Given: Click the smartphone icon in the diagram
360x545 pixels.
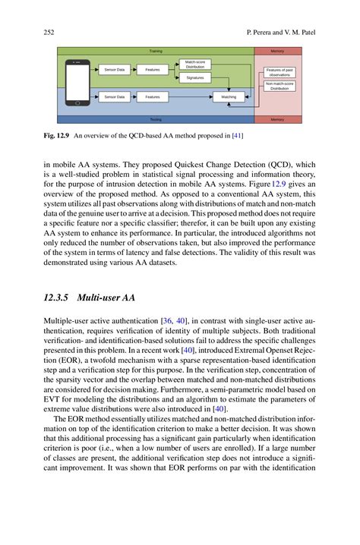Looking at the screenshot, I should click(x=77, y=83).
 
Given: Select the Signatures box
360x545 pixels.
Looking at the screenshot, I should click(x=194, y=77).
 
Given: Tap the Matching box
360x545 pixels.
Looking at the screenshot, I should click(x=228, y=97).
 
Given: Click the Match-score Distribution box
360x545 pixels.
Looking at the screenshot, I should click(x=194, y=64).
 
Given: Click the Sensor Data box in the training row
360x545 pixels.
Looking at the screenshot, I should click(x=114, y=70).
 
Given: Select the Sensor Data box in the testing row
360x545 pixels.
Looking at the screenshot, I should click(x=114, y=97).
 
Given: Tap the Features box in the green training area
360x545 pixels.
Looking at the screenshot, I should click(x=153, y=70).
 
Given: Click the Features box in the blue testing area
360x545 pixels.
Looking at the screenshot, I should click(x=153, y=97).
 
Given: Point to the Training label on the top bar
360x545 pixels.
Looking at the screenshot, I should click(x=155, y=51).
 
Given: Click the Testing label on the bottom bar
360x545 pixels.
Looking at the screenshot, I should click(x=155, y=119).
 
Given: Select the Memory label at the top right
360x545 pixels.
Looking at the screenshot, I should click(x=277, y=51).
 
